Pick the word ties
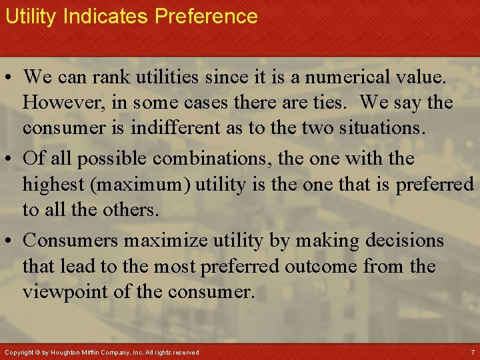pos(336,103)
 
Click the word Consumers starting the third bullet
pos(81,240)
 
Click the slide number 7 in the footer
pos(473,351)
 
